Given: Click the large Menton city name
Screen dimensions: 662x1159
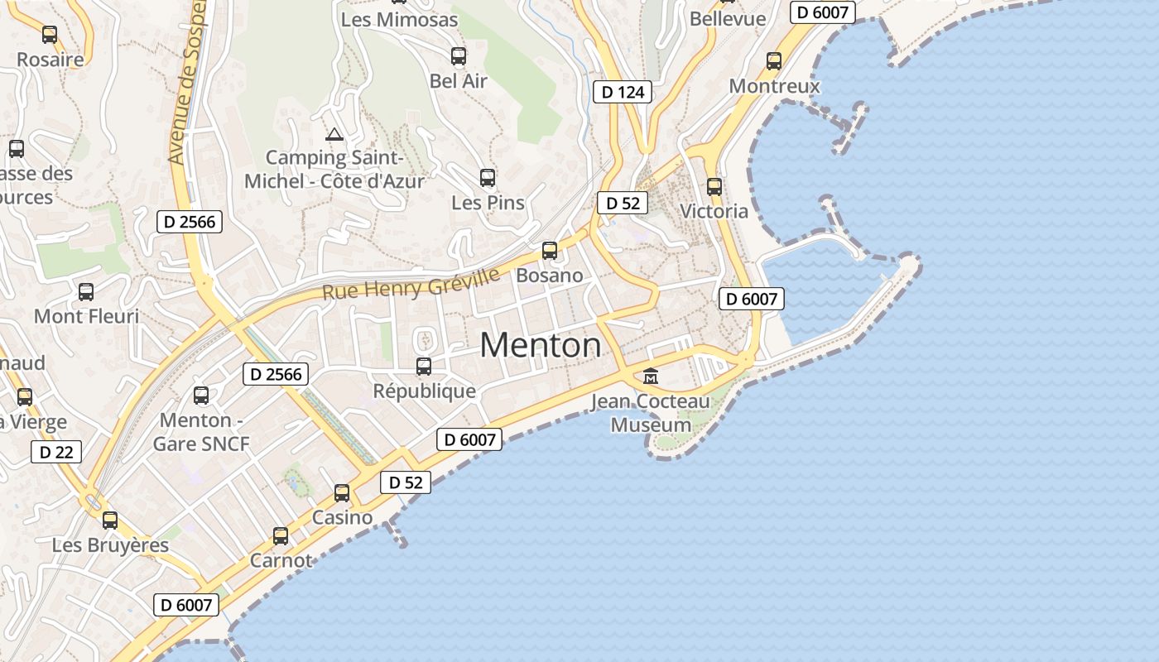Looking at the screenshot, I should click(541, 344).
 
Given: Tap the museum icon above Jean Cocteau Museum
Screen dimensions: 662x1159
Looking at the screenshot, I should click(651, 377).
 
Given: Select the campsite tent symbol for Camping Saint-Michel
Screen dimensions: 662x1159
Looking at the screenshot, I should click(334, 134).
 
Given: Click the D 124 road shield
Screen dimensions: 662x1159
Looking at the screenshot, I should click(623, 92).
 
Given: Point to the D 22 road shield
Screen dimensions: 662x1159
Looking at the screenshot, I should click(56, 452).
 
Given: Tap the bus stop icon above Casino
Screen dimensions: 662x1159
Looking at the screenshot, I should click(342, 493).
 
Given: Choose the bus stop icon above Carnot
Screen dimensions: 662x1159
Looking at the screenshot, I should click(281, 536).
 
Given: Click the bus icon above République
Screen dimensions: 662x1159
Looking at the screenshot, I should click(424, 366).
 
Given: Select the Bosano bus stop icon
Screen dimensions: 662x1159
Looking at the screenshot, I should click(550, 250).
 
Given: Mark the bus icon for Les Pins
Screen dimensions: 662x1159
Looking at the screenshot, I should click(488, 178).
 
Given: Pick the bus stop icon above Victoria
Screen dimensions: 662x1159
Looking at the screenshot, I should click(714, 187).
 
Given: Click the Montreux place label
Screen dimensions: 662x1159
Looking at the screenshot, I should click(774, 86).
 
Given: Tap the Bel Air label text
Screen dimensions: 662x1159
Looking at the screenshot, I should click(459, 81).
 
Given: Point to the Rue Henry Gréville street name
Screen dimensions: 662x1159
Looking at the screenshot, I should click(411, 283).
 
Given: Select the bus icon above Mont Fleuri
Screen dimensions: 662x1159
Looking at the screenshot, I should click(86, 292).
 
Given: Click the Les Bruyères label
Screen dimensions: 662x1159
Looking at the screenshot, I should click(110, 545).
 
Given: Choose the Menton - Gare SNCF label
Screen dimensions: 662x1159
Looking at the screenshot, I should click(201, 432).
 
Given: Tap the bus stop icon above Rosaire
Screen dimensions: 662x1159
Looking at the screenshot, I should click(50, 35).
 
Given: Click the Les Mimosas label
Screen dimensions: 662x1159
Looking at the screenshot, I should click(399, 19).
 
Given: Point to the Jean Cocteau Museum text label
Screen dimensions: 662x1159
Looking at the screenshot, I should click(651, 414).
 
